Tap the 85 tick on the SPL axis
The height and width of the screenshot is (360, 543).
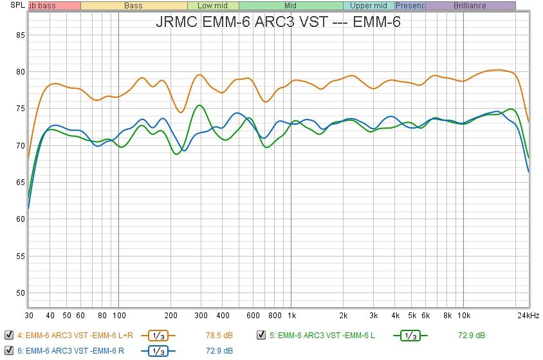click(20, 35)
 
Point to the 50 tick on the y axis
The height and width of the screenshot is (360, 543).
click(20, 293)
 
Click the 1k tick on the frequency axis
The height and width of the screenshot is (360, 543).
click(291, 316)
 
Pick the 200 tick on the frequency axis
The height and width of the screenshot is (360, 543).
click(170, 316)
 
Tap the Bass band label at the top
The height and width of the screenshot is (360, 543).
click(133, 6)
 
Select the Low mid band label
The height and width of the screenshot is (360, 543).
click(213, 6)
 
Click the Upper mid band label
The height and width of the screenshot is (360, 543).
click(369, 6)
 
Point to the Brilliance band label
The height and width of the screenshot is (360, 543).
click(470, 6)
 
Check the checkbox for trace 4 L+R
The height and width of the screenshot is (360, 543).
click(8, 335)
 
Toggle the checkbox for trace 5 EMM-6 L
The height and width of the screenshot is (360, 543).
click(261, 335)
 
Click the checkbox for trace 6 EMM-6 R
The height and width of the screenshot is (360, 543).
click(8, 350)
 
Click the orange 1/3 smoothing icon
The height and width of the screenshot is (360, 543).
click(158, 335)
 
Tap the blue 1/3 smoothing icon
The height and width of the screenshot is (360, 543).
click(158, 350)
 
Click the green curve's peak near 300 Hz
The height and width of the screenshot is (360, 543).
click(199, 105)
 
